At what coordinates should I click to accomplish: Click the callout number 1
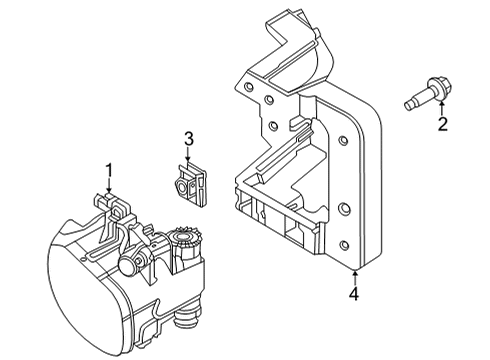pos(110,171)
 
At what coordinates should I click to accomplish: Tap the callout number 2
pos(440,125)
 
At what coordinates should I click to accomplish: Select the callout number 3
pos(187,138)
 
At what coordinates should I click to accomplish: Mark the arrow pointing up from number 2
pos(440,108)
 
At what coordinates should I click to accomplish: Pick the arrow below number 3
pos(187,154)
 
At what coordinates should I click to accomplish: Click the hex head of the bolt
pos(438,86)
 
